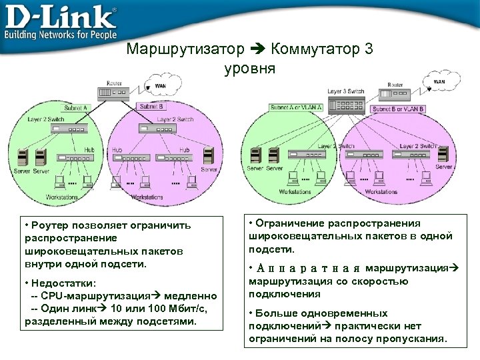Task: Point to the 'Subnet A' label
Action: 75,107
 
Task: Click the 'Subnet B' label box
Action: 151,106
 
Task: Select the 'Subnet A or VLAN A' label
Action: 296,107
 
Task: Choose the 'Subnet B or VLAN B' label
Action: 398,108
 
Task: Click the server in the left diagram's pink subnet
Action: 209,157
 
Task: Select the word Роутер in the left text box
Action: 47,225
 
